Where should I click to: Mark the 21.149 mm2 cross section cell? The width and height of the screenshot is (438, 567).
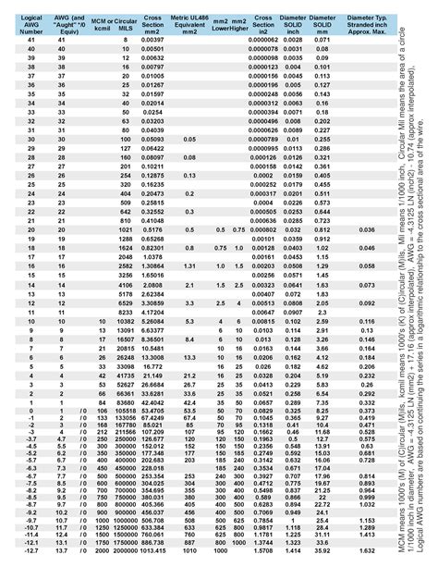click(152, 376)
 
